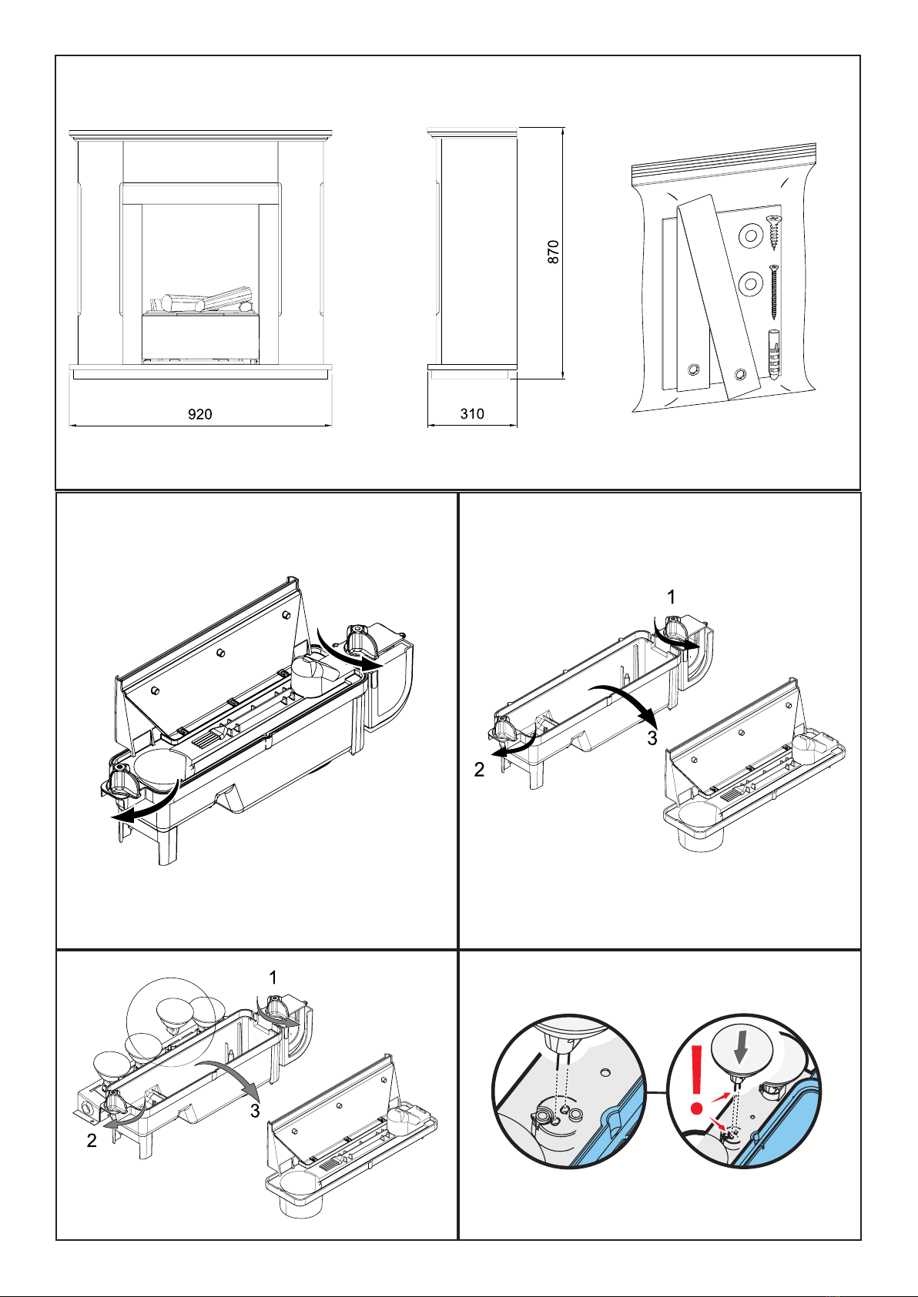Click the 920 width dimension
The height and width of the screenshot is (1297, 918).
click(200, 414)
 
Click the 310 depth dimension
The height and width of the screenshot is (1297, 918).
click(472, 414)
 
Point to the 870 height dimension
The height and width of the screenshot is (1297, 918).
click(554, 252)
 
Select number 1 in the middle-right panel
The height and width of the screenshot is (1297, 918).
click(672, 597)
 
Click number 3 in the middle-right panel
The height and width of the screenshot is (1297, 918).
click(652, 737)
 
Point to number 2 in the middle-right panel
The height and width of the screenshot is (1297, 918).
click(479, 769)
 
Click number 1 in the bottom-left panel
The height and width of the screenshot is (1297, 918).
click(273, 978)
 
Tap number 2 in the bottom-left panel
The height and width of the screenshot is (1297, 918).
click(92, 1141)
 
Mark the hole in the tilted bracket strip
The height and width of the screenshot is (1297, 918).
click(741, 375)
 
